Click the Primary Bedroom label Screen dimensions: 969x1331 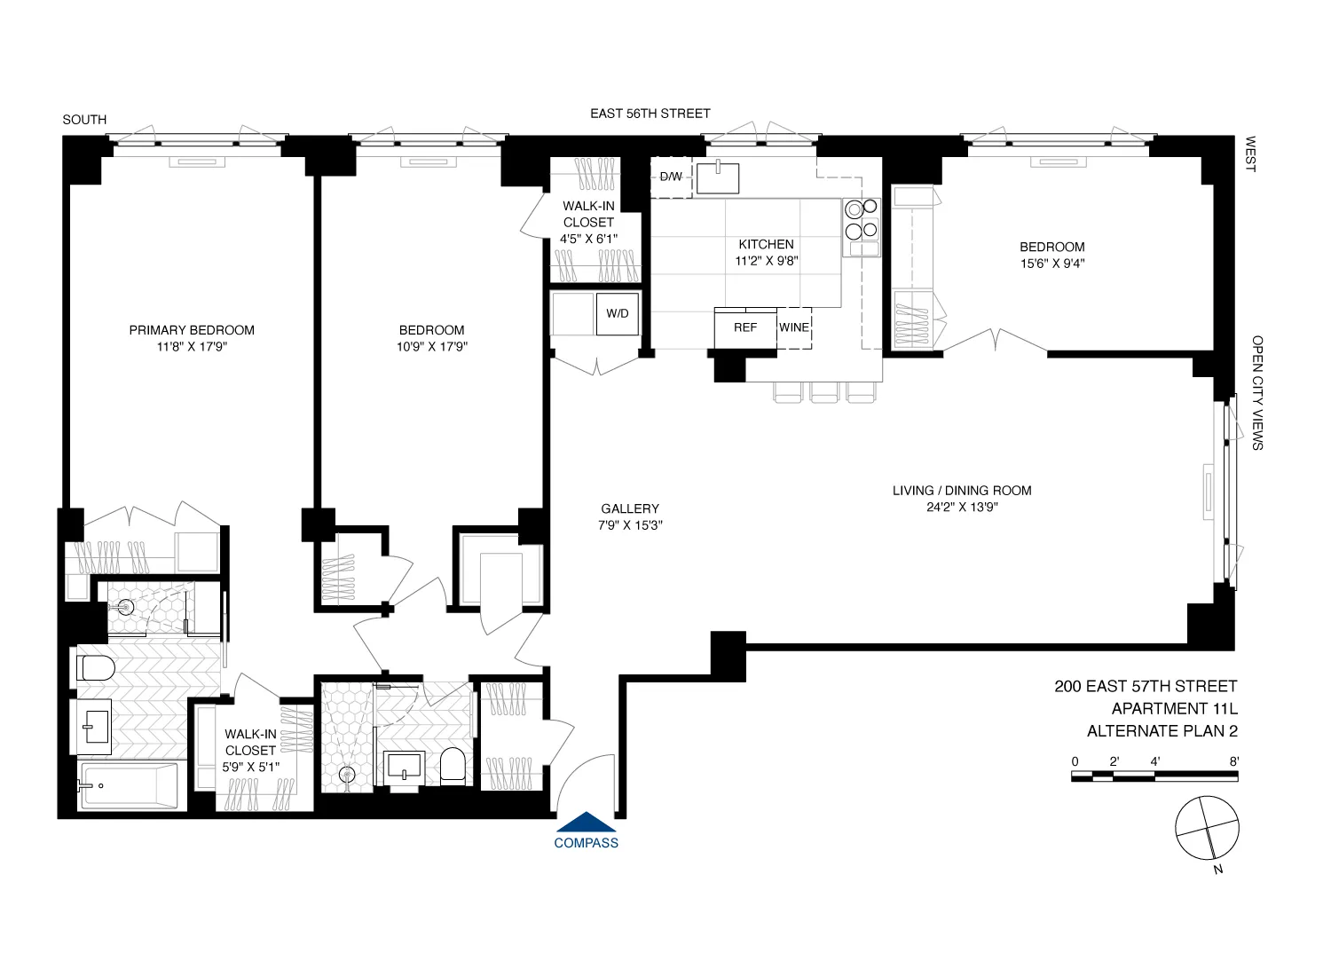pyautogui.click(x=192, y=330)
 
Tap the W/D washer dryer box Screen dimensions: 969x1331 pyautogui.click(x=618, y=313)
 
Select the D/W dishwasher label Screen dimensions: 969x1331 pyautogui.click(x=671, y=177)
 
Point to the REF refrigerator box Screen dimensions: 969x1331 pyautogui.click(x=745, y=327)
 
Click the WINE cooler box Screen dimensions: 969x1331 pyautogui.click(x=794, y=327)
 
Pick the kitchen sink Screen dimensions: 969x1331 pyautogui.click(x=717, y=177)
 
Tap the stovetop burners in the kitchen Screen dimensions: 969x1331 pyautogui.click(x=861, y=220)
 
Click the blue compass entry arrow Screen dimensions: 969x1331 pyautogui.click(x=586, y=823)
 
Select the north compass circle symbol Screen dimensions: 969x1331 pyautogui.click(x=1207, y=829)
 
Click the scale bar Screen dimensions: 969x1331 pyautogui.click(x=1154, y=776)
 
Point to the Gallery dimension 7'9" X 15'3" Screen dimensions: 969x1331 pyautogui.click(x=630, y=525)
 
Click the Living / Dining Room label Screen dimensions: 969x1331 pyautogui.click(x=962, y=491)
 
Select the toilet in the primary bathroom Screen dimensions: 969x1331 pyautogui.click(x=96, y=667)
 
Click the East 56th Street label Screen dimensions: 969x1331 pyautogui.click(x=650, y=114)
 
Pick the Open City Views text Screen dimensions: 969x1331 pyautogui.click(x=1257, y=392)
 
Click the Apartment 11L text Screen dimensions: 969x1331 pyautogui.click(x=1174, y=709)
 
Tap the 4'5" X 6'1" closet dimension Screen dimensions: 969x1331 pyautogui.click(x=588, y=239)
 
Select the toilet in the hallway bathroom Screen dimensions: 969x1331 pyautogui.click(x=453, y=767)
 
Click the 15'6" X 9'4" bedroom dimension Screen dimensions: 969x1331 pyautogui.click(x=1051, y=264)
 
